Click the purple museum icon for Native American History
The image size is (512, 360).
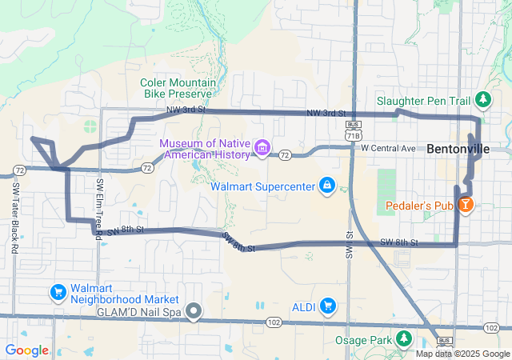(262, 148)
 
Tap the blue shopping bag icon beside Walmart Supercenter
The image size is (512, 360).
(326, 186)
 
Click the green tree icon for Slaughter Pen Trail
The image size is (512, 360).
(482, 100)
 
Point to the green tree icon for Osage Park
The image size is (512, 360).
(403, 340)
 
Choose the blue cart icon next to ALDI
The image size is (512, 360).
(326, 306)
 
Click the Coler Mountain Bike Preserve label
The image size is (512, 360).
(178, 88)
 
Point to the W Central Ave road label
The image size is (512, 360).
(389, 148)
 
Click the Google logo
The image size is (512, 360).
(26, 350)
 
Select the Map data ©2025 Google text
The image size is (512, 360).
(462, 354)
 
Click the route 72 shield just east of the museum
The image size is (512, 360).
(285, 154)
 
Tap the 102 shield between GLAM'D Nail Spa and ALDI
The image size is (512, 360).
(274, 322)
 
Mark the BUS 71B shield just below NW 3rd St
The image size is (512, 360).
(352, 130)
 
